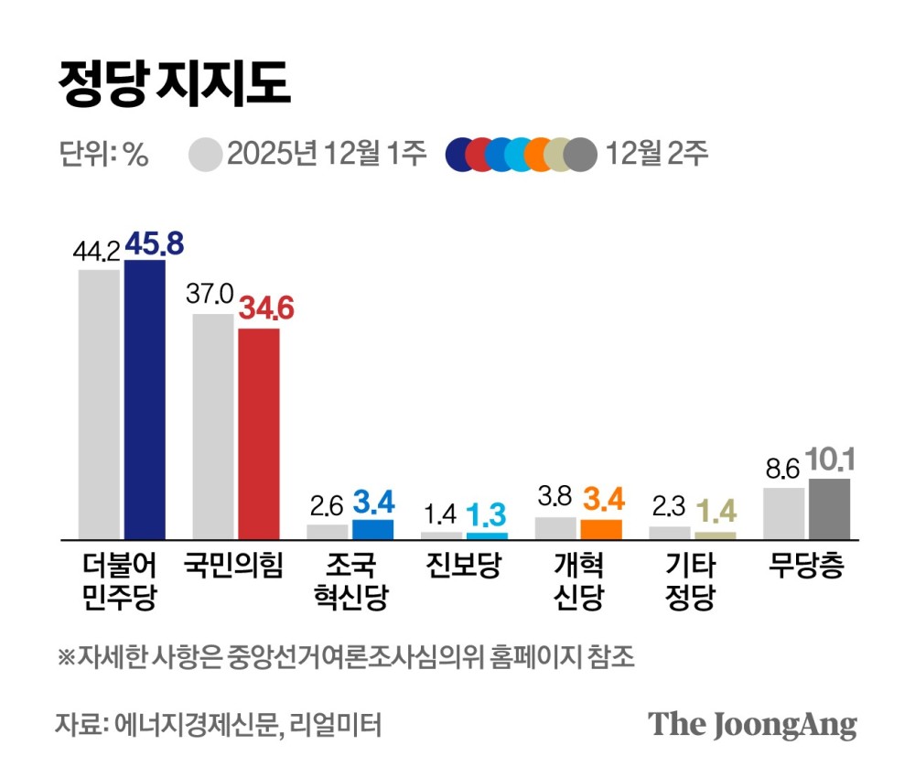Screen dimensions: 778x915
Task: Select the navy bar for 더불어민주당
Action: pos(145,400)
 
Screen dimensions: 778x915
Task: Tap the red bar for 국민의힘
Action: pos(259,433)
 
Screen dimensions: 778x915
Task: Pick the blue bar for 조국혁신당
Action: pos(372,529)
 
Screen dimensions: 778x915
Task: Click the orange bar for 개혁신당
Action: pos(601,529)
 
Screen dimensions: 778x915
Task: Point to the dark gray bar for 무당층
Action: pos(830,509)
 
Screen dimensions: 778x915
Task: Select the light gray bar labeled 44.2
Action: pos(99,405)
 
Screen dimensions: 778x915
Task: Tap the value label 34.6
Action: pos(266,309)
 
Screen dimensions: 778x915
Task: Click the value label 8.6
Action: pos(781,469)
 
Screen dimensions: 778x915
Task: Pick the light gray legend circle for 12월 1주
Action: pos(207,155)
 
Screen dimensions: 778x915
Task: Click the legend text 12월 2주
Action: pos(656,155)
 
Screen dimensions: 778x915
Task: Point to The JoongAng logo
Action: pos(752,724)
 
